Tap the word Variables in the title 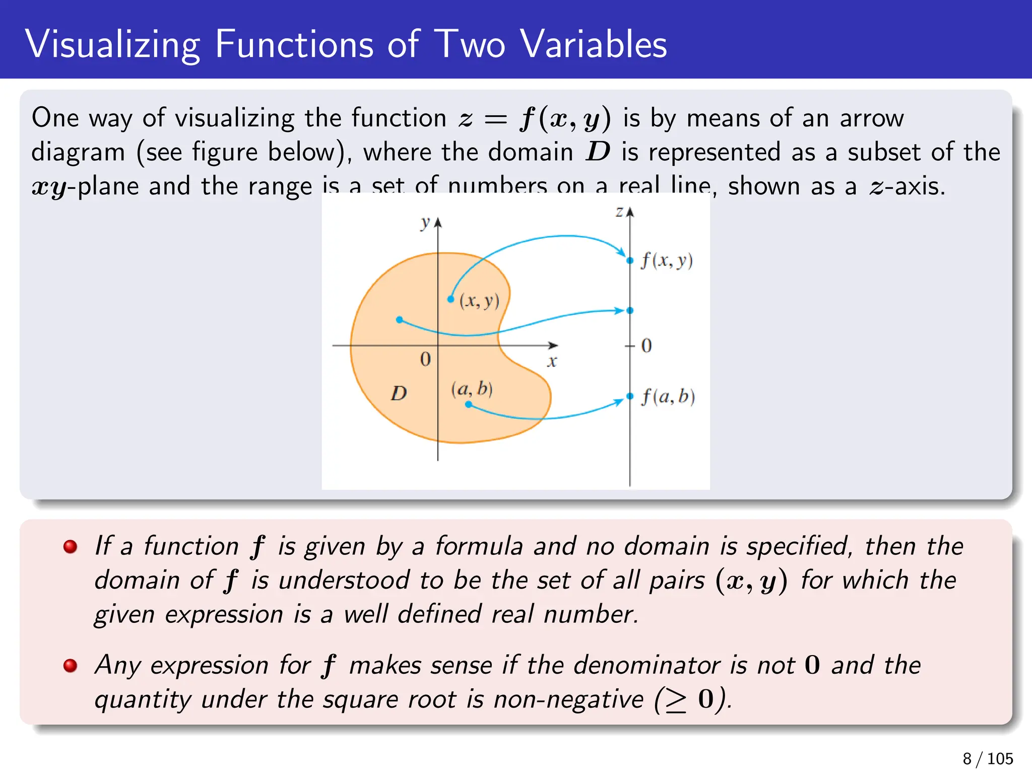pos(594,44)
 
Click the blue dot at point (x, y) pos(450,299)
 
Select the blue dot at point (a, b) pos(468,404)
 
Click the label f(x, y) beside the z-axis pos(667,261)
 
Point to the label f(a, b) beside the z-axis pos(668,397)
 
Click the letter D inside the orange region pos(399,393)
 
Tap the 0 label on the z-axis pos(647,346)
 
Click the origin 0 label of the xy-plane pos(425,359)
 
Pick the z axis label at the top pos(619,211)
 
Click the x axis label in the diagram pos(552,361)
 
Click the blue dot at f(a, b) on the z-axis pos(630,396)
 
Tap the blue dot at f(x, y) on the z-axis pos(630,261)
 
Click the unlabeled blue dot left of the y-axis pos(399,319)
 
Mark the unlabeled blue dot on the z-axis pos(630,310)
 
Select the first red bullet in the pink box pos(71,547)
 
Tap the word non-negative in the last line pos(568,699)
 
